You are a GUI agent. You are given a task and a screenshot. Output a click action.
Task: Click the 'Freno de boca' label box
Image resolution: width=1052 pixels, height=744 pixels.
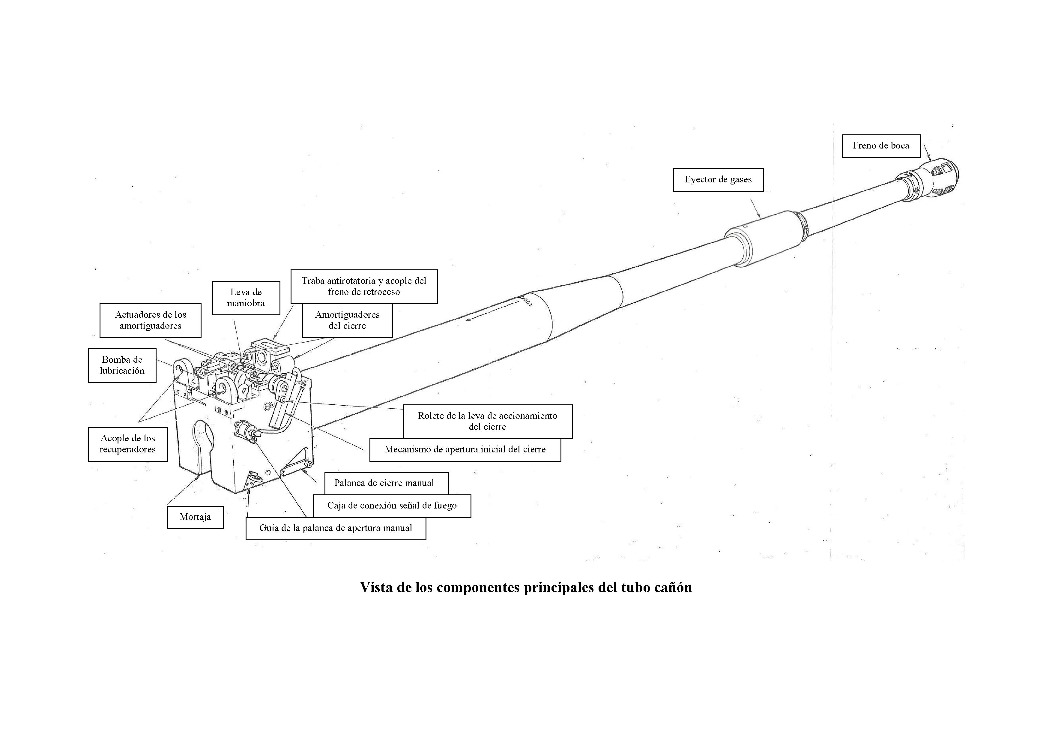tap(881, 146)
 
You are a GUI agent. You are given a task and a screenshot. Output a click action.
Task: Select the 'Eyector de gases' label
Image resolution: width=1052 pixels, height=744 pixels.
tap(718, 180)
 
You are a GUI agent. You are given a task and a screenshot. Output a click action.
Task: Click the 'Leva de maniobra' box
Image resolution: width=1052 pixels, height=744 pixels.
tap(246, 298)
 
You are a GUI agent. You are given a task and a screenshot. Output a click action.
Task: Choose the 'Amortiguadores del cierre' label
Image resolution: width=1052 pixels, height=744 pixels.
tap(347, 320)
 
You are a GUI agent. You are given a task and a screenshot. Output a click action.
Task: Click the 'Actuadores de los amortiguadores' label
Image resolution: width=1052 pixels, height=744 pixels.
tap(150, 320)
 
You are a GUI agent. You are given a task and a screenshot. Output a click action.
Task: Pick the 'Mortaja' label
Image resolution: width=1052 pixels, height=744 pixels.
tap(195, 517)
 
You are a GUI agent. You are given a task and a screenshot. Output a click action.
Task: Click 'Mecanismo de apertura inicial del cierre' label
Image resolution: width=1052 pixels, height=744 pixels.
tap(465, 450)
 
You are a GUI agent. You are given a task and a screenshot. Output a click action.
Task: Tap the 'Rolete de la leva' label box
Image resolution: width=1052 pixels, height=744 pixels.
tap(488, 421)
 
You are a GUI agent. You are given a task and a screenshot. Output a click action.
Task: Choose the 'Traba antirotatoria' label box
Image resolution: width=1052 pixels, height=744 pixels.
tap(364, 286)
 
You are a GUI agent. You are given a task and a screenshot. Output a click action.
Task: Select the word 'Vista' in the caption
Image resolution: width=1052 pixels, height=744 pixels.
tap(376, 588)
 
